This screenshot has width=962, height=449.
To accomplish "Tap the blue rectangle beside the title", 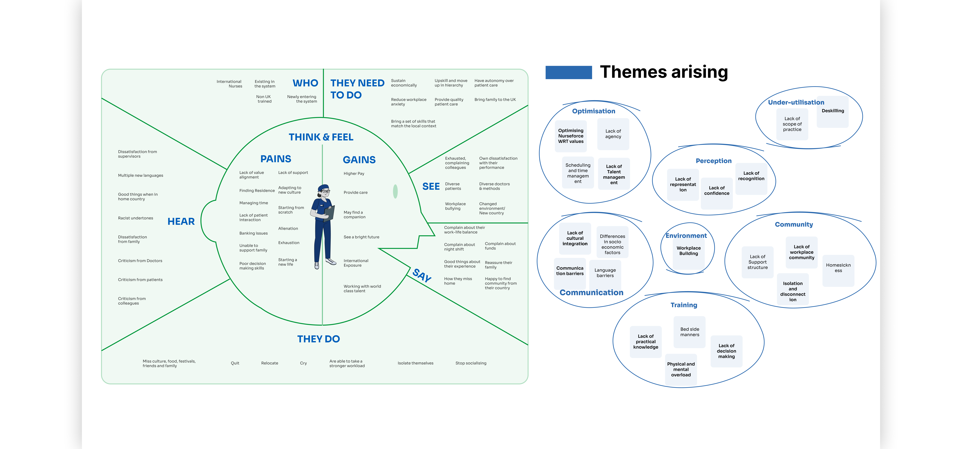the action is click(568, 72).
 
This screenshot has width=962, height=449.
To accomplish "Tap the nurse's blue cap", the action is click(324, 187).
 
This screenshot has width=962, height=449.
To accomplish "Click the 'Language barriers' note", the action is click(605, 273).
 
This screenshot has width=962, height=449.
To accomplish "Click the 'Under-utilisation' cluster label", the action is click(796, 102).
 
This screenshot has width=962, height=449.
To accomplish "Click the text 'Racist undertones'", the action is click(136, 218).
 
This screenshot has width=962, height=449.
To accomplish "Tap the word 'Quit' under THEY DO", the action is click(235, 363).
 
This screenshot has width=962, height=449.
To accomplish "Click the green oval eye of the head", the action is click(395, 192).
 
